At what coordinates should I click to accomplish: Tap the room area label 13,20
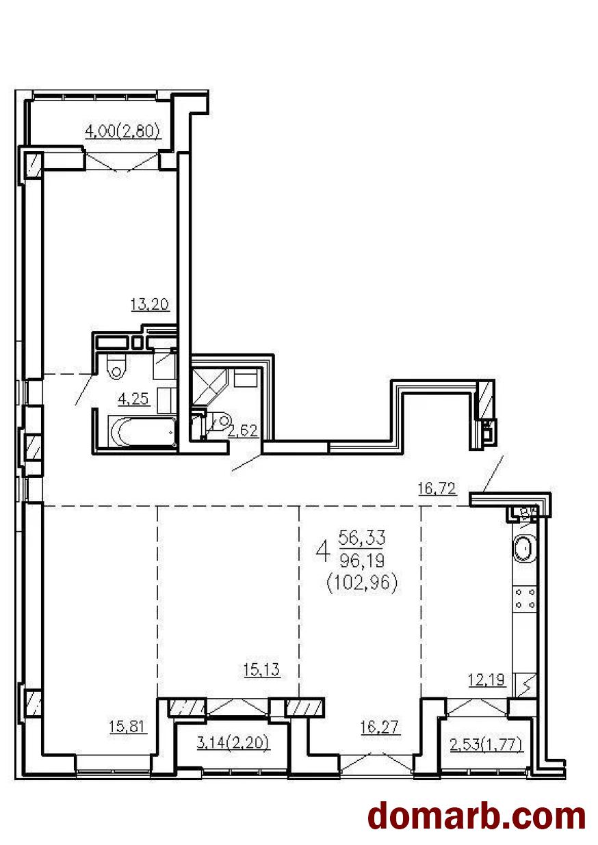coord(150,304)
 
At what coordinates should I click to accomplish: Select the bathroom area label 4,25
coord(133,399)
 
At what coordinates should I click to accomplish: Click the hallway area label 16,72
coord(437,489)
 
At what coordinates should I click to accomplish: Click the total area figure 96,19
coord(362,561)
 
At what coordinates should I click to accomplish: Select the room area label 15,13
coord(261,669)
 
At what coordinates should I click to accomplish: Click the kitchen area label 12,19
coord(486,680)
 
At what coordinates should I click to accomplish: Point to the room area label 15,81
coord(127,726)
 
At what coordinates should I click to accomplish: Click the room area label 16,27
coord(380,727)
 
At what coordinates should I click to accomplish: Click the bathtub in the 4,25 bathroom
coord(142,431)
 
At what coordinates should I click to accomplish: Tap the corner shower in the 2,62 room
coord(209,386)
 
